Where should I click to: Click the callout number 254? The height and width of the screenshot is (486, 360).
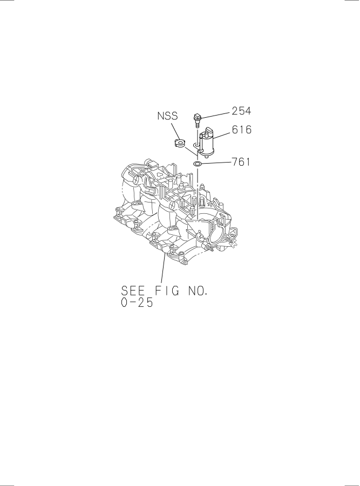pos(241,111)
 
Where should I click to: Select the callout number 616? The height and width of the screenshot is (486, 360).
pos(242,130)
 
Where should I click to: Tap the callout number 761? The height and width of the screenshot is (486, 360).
pos(241,162)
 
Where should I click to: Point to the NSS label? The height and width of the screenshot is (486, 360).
pos(168,116)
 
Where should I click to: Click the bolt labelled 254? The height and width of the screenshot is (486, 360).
pos(196,120)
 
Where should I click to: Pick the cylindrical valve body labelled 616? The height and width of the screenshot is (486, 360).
pos(206,142)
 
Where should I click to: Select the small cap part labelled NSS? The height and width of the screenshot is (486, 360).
pos(179,144)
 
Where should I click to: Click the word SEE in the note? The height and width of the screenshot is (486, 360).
pos(133,291)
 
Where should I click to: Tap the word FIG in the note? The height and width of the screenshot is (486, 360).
pos(167,291)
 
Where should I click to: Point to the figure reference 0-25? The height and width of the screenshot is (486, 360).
pos(137,303)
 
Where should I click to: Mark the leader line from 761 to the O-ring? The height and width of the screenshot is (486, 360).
pos(216,163)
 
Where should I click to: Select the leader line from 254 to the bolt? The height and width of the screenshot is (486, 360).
pos(215,114)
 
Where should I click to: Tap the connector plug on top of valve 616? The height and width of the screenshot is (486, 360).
pos(208,131)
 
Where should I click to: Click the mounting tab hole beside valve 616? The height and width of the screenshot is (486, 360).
pos(196,145)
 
